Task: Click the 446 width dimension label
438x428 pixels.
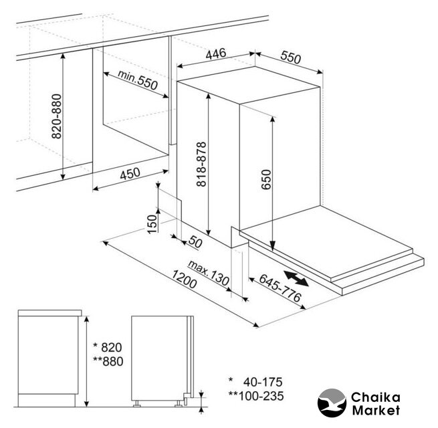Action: pos(215,53)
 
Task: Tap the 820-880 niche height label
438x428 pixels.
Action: pos(56,116)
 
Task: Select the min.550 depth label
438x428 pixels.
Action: pos(138,80)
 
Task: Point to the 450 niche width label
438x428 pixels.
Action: pos(130,173)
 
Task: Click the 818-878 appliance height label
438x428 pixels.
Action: pos(201,164)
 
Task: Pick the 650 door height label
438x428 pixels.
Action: pos(266,179)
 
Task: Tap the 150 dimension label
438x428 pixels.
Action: pos(152,224)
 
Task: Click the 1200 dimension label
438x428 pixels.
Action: pos(184,279)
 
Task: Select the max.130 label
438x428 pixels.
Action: pos(209,273)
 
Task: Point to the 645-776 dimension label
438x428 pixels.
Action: pos(280,288)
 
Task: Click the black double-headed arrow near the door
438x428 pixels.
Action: pos(296,278)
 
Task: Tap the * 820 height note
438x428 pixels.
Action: pos(108,347)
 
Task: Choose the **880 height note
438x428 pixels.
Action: pos(108,361)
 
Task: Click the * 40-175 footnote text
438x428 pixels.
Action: pos(255,382)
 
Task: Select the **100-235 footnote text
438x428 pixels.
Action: pos(256,396)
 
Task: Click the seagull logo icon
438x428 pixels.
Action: pos(332,403)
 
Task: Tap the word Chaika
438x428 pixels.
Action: pos(375,397)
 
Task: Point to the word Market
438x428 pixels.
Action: pos(376,410)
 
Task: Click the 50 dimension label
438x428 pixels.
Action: pos(195,241)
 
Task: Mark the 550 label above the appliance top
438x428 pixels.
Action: pos(291,58)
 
